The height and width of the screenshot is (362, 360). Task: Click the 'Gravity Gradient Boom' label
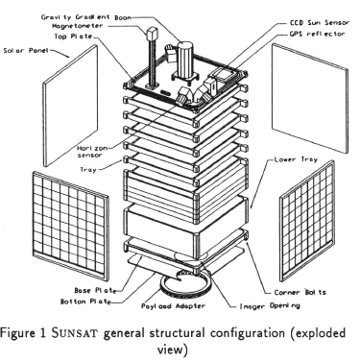pos(86,17)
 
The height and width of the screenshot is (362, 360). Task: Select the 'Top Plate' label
pos(73,36)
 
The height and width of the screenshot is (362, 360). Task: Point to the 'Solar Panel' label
pos(26,50)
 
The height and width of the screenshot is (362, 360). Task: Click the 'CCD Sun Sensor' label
pos(320,23)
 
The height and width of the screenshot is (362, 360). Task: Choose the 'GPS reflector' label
pos(317,34)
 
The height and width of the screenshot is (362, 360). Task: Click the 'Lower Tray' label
pos(296,159)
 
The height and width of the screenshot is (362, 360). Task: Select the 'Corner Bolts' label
pos(300,292)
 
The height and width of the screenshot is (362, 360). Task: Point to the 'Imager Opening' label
pos(270,306)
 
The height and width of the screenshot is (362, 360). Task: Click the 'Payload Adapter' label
pos(173,306)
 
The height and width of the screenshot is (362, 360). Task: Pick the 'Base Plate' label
pos(94,290)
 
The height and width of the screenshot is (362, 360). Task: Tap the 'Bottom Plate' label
pos(85,302)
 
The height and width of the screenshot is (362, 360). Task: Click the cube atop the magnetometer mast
pos(151,33)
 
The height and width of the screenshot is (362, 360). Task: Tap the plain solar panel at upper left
pos(70,106)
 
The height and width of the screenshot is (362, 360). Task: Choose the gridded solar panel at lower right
pos(307,221)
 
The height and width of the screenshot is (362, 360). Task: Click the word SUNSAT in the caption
pos(74,333)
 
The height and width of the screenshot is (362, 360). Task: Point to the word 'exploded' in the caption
pos(318,334)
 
